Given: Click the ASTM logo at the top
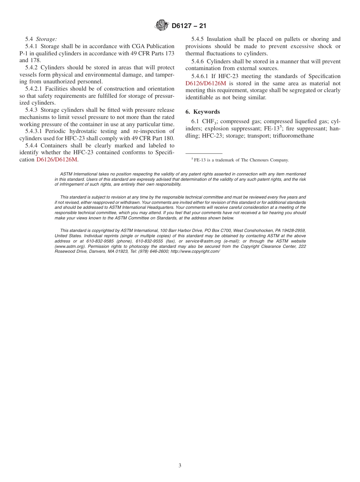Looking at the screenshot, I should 162,26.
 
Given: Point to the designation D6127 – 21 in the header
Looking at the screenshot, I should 189,26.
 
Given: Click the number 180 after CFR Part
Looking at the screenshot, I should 169,138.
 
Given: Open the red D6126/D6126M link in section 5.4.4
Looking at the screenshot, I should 57,160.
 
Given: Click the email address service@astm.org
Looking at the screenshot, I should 203,241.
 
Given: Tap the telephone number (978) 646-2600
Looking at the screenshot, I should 155,252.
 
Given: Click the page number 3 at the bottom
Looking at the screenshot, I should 180,466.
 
